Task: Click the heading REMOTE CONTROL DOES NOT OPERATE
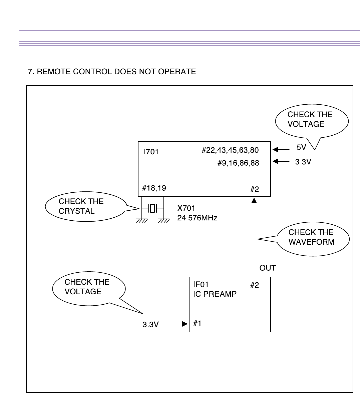tap(112, 72)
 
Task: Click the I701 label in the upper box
tap(151, 152)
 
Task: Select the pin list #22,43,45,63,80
tap(230, 150)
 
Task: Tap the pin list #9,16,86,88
tap(238, 163)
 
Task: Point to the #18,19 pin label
tap(154, 188)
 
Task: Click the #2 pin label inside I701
tap(254, 189)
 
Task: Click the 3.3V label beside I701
tap(303, 162)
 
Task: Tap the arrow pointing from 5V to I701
tap(279, 150)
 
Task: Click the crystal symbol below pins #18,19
tap(153, 209)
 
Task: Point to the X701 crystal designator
tap(186, 209)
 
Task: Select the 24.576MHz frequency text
tap(197, 218)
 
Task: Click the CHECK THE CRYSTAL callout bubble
tap(86, 207)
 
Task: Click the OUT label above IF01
tap(268, 268)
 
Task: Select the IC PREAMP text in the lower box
tap(215, 294)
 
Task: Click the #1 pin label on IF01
tap(197, 323)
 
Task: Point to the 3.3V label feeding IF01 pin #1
tap(150, 324)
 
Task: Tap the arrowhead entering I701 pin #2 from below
tap(254, 200)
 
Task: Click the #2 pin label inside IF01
tap(254, 285)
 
